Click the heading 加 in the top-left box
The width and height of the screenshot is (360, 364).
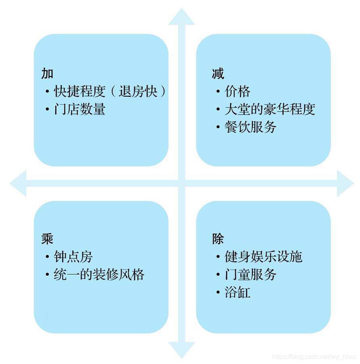tap(47, 74)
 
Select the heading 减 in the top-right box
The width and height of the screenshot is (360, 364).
tap(218, 74)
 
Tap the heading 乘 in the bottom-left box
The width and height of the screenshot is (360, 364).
tap(47, 239)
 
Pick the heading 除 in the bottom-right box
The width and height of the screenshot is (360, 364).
tap(218, 239)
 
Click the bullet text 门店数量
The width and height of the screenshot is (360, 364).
tap(80, 109)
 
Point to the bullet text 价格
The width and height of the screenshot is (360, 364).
tap(237, 91)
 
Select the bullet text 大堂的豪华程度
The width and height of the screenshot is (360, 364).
tap(270, 109)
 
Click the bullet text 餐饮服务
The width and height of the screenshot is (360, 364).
tap(250, 127)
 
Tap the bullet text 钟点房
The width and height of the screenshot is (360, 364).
tap(73, 256)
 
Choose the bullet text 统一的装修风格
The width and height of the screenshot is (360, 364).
tap(99, 275)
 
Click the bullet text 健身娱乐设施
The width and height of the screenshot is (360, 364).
tap(263, 256)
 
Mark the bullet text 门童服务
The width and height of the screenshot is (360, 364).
tap(250, 275)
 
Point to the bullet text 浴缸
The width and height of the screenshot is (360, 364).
tap(237, 292)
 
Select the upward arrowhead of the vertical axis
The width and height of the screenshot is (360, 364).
tap(182, 17)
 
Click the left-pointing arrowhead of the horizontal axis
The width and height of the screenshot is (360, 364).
tap(18, 183)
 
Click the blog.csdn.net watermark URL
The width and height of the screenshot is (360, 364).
tap(314, 357)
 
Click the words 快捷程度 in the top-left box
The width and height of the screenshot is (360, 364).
tap(80, 91)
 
